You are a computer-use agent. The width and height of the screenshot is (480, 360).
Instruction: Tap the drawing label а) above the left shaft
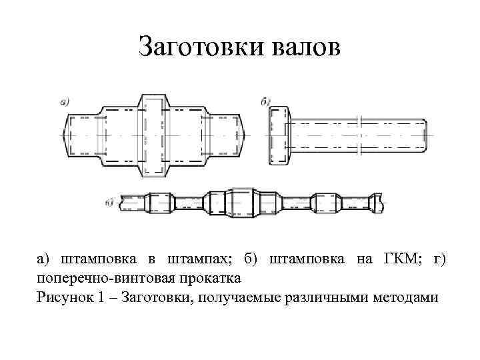pos(65,101)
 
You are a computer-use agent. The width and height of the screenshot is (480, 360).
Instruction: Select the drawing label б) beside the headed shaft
pos(265,101)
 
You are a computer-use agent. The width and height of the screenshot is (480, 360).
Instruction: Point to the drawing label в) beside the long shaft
pos(109,202)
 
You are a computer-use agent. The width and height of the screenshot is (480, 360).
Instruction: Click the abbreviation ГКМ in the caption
pos(395,259)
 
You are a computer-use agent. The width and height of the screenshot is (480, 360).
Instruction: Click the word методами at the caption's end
pos(409,296)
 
